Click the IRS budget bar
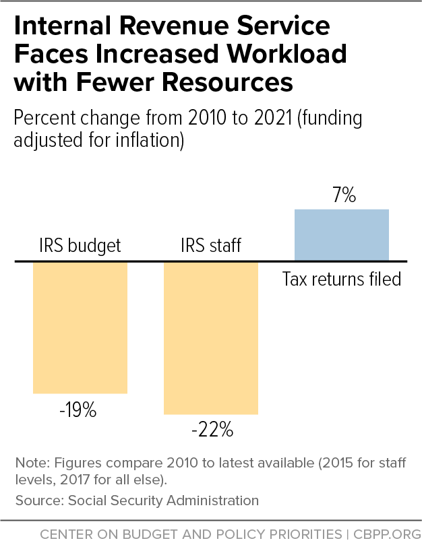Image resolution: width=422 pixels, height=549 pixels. (x=80, y=327)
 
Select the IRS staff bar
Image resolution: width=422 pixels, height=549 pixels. (x=211, y=337)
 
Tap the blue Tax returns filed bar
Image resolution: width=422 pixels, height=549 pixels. (x=342, y=234)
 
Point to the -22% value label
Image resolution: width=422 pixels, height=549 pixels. (x=211, y=430)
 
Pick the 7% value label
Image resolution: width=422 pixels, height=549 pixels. (x=342, y=196)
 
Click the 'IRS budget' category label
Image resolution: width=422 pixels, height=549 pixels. (x=80, y=246)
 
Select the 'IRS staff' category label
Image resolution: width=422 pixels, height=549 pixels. (x=211, y=246)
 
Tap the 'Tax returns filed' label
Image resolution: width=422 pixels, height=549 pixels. (x=342, y=278)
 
